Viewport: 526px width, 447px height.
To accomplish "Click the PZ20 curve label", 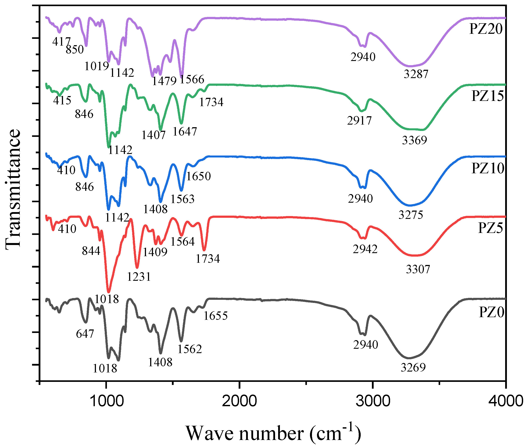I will (485, 29).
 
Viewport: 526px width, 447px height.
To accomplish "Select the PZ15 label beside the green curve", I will (487, 96).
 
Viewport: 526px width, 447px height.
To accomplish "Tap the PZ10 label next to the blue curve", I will (487, 168).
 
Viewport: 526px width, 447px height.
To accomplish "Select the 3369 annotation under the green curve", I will (414, 140).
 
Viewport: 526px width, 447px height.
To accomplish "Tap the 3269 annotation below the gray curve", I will (413, 367).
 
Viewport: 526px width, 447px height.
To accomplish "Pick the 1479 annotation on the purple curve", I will (164, 81).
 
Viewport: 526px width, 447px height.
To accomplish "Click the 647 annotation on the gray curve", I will (85, 334).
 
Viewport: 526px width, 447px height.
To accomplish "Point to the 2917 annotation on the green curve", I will (359, 121).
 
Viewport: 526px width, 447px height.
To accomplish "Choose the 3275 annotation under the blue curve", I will (411, 215).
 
